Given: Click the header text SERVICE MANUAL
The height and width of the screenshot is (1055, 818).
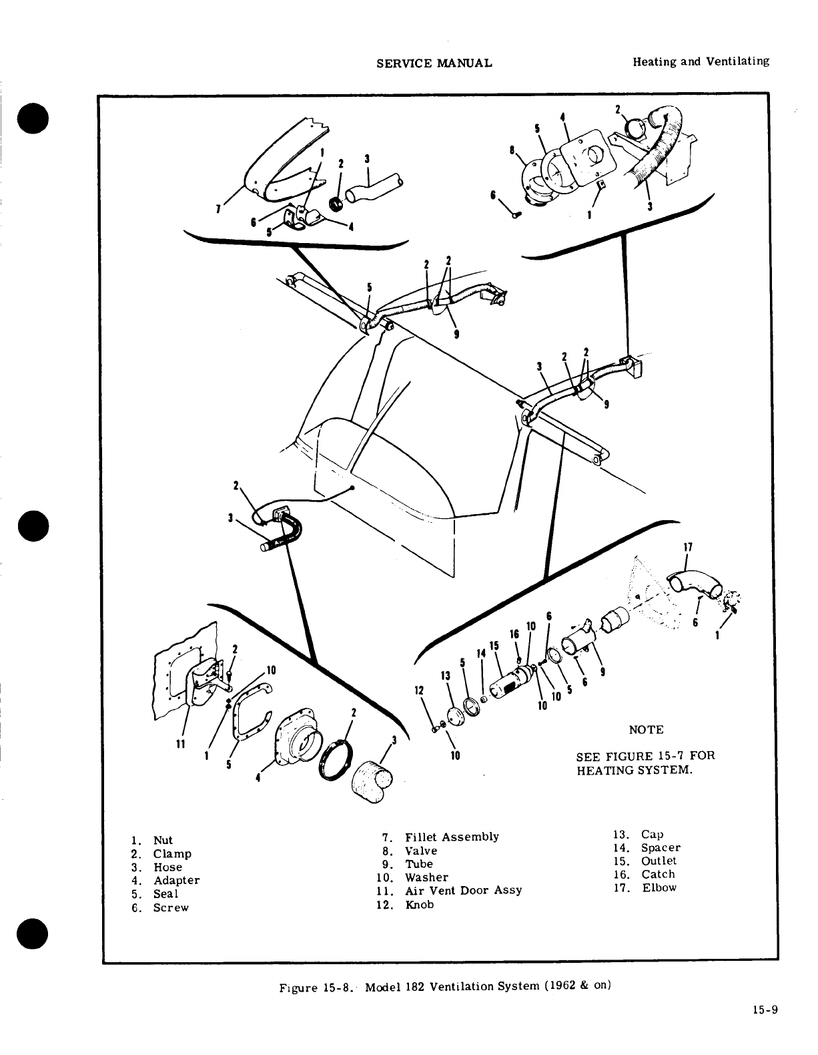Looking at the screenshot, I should (434, 63).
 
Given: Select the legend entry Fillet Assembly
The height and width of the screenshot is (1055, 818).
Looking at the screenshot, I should (452, 837).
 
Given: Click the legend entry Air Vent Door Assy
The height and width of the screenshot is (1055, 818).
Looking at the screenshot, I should (463, 891).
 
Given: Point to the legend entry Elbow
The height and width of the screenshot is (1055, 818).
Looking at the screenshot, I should (659, 888).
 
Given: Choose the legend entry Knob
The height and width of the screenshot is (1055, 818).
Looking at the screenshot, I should (419, 905).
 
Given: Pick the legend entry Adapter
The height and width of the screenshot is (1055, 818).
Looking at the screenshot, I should (176, 881).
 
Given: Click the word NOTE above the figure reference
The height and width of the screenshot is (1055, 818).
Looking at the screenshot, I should (646, 730).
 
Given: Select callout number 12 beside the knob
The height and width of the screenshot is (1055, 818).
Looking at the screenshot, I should (420, 691).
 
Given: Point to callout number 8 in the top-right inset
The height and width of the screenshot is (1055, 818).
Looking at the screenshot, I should (513, 151).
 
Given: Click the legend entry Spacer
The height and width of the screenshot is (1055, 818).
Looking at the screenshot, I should (661, 848).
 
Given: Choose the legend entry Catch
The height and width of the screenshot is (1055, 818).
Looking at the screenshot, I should (658, 875).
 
